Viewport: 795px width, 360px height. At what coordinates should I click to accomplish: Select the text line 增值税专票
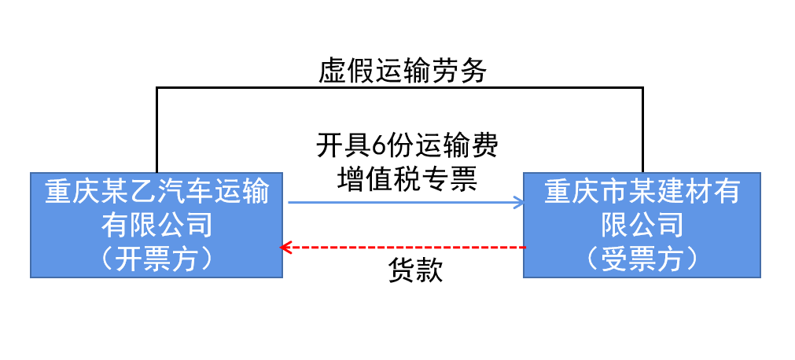[407, 178]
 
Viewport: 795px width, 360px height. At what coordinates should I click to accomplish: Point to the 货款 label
[416, 270]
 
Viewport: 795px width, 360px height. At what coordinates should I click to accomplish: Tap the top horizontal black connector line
[399, 88]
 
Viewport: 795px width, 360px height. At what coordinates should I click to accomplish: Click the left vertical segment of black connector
[157, 130]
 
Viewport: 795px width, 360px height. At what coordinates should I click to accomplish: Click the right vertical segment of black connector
[642, 130]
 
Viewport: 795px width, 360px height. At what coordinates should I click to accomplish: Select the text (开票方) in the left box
[157, 259]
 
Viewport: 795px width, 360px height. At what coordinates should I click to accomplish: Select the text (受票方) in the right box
[642, 259]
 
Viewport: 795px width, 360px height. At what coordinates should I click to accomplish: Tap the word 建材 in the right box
[671, 192]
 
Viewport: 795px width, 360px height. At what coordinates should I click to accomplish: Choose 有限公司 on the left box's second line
[157, 226]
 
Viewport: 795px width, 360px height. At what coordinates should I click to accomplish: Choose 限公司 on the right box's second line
[642, 226]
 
